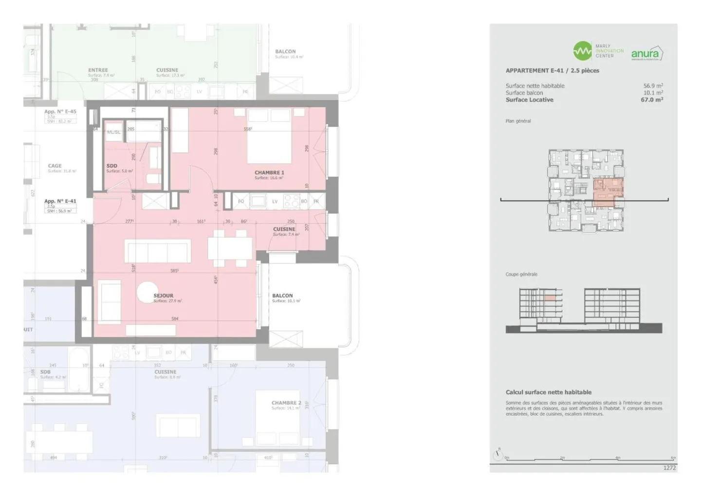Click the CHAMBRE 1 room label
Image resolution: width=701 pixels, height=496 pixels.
(269, 173)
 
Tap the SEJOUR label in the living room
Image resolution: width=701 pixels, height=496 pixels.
(164, 296)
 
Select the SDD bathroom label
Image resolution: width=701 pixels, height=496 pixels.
(112, 166)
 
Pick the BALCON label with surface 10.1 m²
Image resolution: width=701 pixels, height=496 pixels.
(282, 296)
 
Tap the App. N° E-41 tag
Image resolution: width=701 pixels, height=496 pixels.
(60, 201)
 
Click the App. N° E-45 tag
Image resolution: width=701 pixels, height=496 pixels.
(60, 111)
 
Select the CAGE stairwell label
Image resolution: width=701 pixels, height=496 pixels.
(55, 166)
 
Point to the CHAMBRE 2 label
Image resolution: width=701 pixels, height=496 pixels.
(286, 403)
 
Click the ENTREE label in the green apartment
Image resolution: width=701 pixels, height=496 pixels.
(98, 70)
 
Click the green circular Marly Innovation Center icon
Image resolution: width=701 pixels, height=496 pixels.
(582, 51)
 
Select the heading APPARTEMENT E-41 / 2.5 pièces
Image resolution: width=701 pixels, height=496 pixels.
(552, 71)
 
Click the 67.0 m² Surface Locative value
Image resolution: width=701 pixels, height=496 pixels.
(652, 100)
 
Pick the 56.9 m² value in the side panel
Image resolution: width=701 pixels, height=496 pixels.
(653, 86)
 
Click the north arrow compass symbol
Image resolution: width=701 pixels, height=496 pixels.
(498, 455)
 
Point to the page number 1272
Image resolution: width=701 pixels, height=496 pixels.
(669, 468)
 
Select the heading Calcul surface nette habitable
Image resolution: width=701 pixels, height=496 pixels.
(548, 392)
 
